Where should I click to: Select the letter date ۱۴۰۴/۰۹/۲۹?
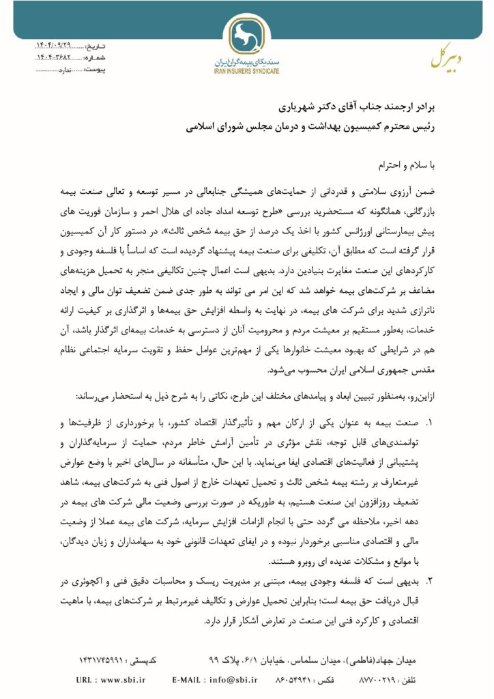pyautogui.click(x=52, y=46)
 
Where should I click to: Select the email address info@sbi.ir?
pyautogui.click(x=234, y=680)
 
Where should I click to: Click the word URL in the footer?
pyautogui.click(x=85, y=680)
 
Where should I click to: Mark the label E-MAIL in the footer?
pyautogui.click(x=186, y=680)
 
